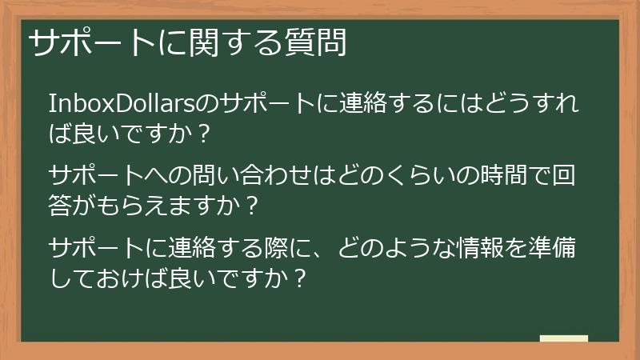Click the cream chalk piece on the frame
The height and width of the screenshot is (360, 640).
tap(564, 339)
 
